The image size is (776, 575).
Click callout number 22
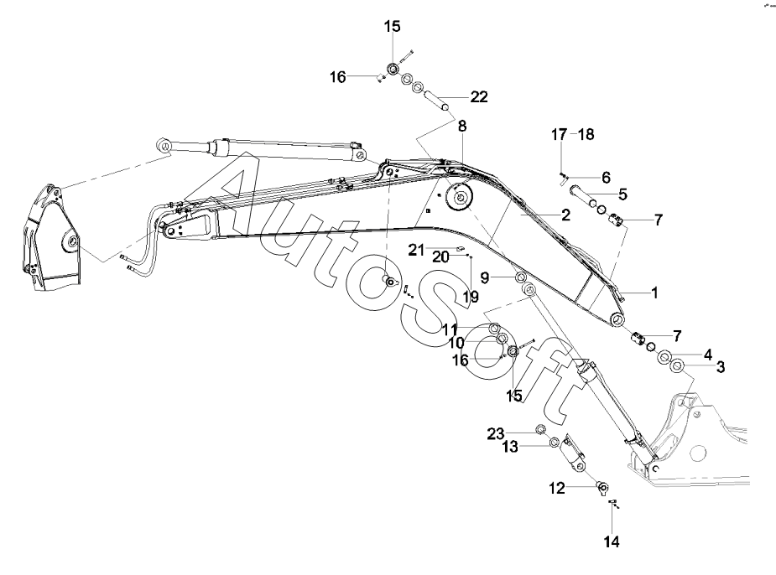tap(478, 97)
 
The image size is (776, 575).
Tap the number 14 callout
tap(612, 541)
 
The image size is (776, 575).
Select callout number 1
tap(654, 293)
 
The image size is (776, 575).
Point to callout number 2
tap(565, 215)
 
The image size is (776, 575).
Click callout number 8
tap(462, 126)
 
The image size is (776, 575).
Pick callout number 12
tap(557, 489)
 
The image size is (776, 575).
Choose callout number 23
tap(496, 434)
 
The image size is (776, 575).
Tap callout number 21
tap(416, 250)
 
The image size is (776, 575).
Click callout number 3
tap(721, 367)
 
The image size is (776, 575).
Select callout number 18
tap(586, 134)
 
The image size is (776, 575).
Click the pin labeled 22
tap(437, 100)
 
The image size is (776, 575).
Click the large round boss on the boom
tap(461, 199)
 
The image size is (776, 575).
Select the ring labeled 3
tap(676, 367)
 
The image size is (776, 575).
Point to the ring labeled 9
tap(519, 277)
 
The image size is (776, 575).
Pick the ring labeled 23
tap(540, 429)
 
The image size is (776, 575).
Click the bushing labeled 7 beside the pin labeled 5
tap(616, 217)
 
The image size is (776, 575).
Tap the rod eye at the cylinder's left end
tap(164, 146)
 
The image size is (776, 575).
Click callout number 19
tap(471, 297)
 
